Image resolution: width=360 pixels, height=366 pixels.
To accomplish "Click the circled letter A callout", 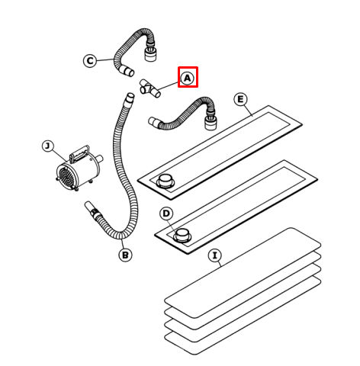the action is [188, 78].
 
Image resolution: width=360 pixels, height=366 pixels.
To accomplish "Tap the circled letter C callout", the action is [90, 61].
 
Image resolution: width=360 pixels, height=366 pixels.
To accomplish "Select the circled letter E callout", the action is [240, 99].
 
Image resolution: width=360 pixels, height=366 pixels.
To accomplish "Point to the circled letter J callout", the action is [48, 146].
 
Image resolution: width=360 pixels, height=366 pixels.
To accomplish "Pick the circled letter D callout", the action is [166, 213].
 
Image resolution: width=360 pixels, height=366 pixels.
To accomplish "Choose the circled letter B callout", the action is [125, 255].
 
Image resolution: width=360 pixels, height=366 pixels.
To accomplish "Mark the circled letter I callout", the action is [215, 255].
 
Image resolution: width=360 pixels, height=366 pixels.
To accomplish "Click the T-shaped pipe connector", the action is [150, 88].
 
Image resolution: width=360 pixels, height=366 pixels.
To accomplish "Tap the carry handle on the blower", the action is [80, 153].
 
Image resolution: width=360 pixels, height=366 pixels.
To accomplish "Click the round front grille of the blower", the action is [66, 177].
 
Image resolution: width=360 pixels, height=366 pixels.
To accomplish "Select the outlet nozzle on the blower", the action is [99, 159].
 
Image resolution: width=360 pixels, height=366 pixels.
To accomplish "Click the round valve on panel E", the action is [166, 181].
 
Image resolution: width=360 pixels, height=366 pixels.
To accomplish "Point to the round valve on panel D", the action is [182, 235].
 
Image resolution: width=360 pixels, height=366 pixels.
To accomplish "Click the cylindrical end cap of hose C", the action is [150, 54].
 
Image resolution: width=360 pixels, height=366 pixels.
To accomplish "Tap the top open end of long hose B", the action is [130, 98].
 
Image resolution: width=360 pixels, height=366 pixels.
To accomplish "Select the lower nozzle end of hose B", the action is [89, 207].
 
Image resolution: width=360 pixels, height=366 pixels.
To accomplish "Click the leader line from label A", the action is [168, 86].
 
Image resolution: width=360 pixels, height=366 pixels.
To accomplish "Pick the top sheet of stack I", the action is [243, 273].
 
